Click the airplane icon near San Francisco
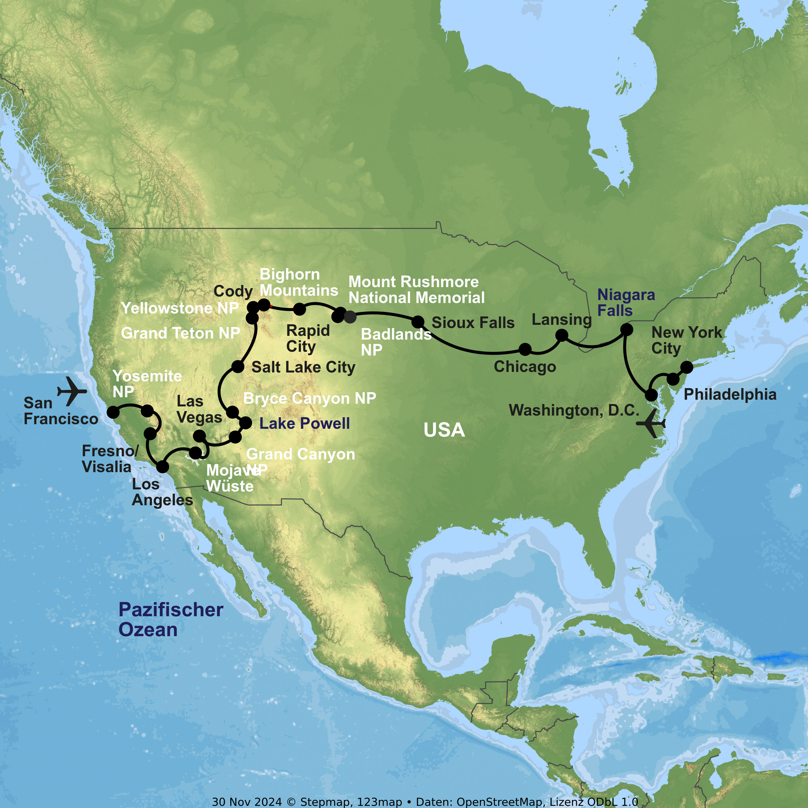point(72,391)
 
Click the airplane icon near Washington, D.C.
point(651,423)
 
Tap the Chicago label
point(525,367)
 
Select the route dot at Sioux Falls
point(418,322)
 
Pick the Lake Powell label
point(304,423)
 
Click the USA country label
point(444,430)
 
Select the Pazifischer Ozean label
point(171,619)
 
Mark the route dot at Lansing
point(561,335)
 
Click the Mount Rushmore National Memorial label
point(417,290)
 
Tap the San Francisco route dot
point(113,412)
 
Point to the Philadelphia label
point(730,394)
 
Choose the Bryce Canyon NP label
point(309,398)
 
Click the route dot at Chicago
point(525,349)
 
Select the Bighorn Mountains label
point(299,282)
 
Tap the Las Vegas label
point(199,409)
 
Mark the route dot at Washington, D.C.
point(651,395)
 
